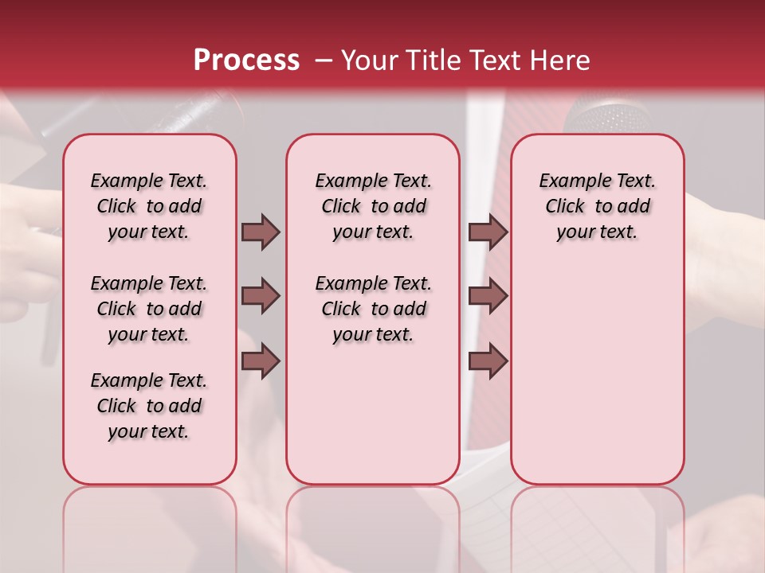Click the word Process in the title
point(246,60)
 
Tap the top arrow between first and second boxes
point(261,232)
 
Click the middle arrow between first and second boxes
point(261,296)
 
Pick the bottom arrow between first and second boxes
point(261,361)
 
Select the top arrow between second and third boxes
point(488,232)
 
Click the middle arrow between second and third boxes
point(488,296)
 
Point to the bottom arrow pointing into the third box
point(488,361)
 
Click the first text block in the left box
point(149,206)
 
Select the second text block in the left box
point(149,309)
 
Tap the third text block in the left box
point(149,406)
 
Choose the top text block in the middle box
point(374,206)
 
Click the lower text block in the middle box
point(374,309)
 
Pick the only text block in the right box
point(598,206)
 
